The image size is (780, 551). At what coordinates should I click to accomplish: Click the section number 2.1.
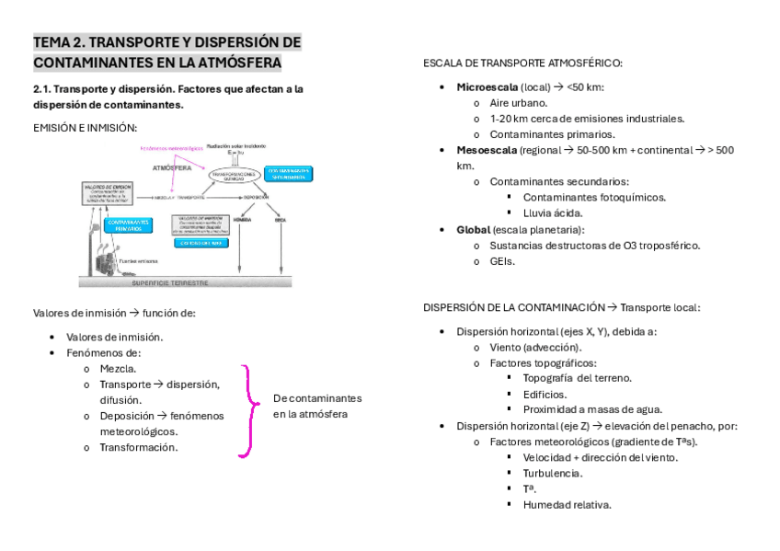(x=44, y=89)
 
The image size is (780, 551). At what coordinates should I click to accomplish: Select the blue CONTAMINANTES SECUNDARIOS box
(x=288, y=174)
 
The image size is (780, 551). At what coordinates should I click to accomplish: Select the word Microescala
(x=487, y=86)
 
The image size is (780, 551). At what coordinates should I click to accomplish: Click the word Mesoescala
(x=486, y=150)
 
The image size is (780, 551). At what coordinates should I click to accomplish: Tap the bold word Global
(x=473, y=229)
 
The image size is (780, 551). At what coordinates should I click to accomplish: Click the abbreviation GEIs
(x=502, y=261)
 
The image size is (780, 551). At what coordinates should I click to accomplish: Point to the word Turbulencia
(x=552, y=473)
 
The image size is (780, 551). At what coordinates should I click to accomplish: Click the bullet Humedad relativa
(x=567, y=504)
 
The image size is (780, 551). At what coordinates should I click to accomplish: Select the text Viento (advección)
(x=534, y=347)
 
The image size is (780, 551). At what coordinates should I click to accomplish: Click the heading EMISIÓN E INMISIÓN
(x=85, y=127)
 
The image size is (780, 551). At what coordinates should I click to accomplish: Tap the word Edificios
(x=546, y=394)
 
